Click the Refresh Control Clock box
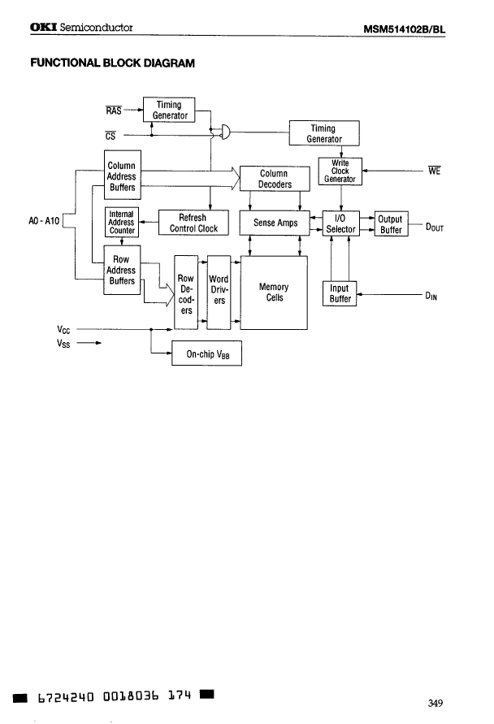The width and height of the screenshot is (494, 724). [193, 223]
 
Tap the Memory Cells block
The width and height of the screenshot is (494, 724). [274, 293]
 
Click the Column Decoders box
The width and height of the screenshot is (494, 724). [275, 179]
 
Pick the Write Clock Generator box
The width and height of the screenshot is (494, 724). [340, 171]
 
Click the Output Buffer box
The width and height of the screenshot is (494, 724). [391, 224]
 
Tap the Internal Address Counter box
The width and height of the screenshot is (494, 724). [121, 222]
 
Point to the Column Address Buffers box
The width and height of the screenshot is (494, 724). [122, 176]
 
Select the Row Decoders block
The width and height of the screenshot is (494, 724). [186, 294]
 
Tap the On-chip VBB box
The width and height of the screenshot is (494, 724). [207, 354]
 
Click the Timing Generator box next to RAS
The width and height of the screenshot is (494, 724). [168, 110]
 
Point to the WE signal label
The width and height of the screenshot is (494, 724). [434, 171]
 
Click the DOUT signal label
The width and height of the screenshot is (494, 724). [431, 228]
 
